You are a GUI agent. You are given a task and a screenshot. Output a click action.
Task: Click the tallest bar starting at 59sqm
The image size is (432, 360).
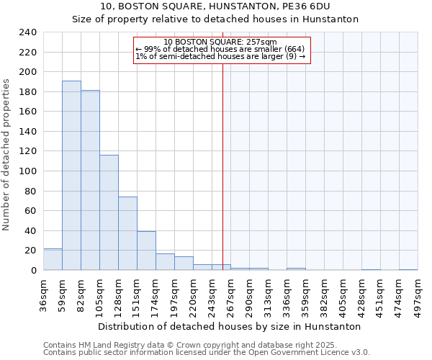click(x=71, y=175)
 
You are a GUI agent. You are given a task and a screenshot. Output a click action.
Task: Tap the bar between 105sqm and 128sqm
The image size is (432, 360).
click(x=109, y=212)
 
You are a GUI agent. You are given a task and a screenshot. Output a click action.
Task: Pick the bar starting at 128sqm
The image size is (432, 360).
click(x=127, y=233)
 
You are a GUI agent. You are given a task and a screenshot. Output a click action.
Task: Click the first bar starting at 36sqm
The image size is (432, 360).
click(x=53, y=259)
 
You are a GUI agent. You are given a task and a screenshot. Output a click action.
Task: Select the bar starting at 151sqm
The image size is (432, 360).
click(x=146, y=251)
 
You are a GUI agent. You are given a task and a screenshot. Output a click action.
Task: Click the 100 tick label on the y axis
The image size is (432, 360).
click(x=27, y=171)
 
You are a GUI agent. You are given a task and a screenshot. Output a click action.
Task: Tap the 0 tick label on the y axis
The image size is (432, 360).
click(x=33, y=270)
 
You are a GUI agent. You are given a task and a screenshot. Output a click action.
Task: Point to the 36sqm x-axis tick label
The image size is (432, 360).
click(x=43, y=294)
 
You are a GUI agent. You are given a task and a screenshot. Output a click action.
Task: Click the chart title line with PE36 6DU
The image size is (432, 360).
click(x=215, y=6)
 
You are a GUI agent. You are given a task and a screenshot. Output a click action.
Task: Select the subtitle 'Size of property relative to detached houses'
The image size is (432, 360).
click(x=215, y=19)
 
